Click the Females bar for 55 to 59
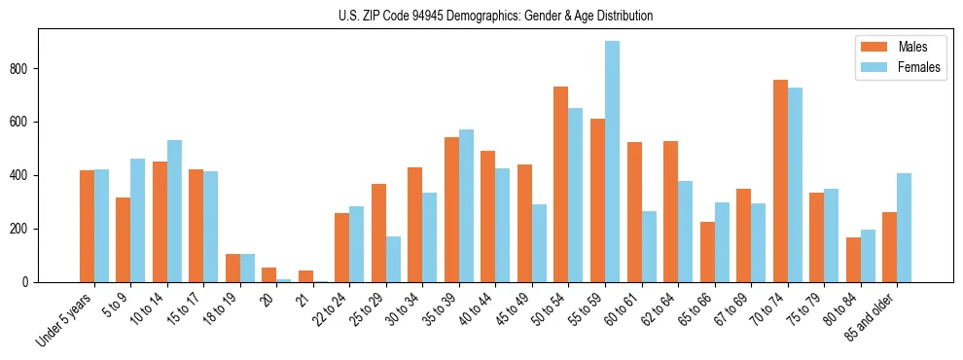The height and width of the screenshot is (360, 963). (612, 162)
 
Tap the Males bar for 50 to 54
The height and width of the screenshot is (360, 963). (561, 185)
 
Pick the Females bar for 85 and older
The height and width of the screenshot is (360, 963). (904, 228)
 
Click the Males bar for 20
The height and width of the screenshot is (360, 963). (269, 274)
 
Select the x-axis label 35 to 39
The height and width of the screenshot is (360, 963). (442, 309)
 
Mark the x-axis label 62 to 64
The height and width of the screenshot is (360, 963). (660, 309)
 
